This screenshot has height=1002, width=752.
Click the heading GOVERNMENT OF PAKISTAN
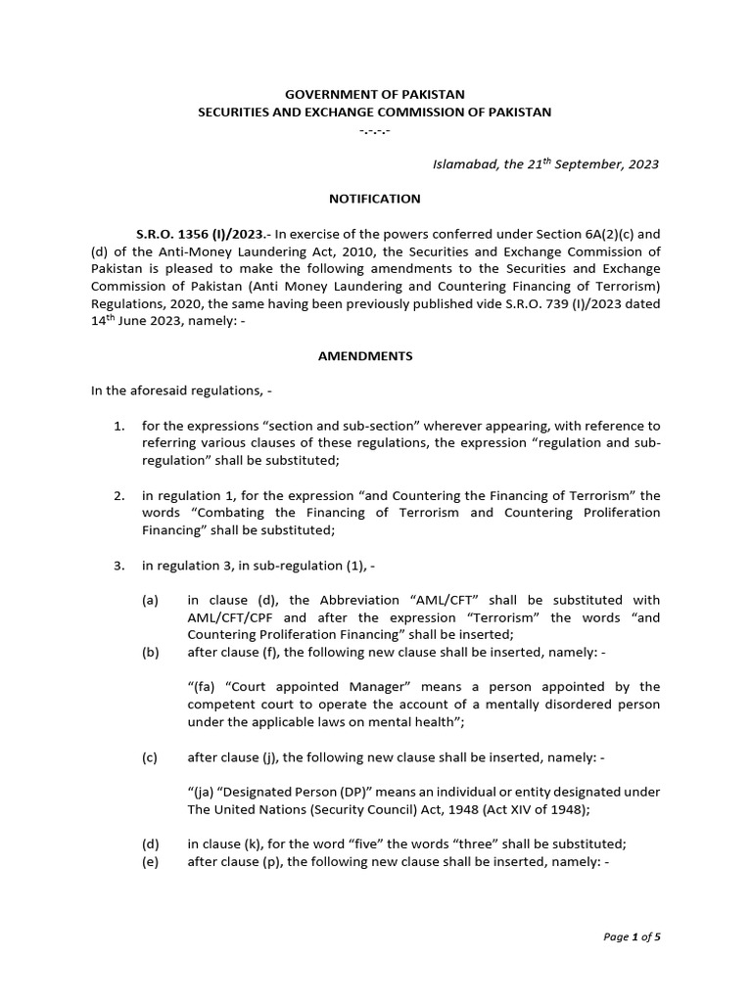coord(375,94)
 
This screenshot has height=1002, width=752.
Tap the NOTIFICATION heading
coord(375,199)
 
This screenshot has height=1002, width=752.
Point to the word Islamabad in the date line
coord(466,164)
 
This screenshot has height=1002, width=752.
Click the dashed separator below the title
coord(375,130)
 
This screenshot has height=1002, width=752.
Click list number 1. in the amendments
coord(119,427)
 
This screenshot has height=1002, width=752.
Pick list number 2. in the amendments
coord(119,496)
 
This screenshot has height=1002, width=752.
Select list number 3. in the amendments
coord(119,566)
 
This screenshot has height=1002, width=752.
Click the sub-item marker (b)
coord(150,653)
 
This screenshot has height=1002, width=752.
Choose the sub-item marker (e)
coord(150,861)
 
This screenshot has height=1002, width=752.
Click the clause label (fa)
coord(203,687)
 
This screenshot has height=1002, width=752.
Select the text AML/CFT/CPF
coord(233,618)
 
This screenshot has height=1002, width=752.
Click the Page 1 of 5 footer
coord(633,936)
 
